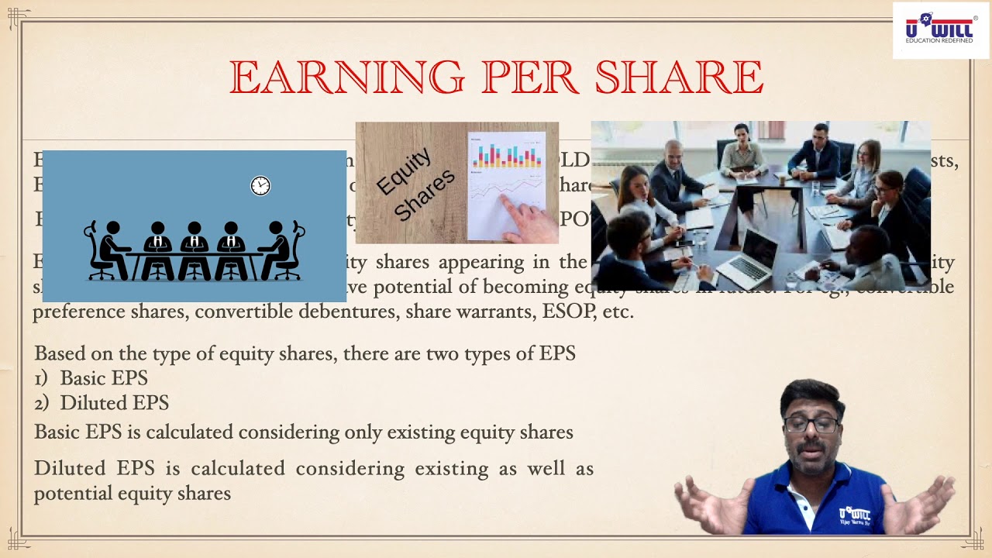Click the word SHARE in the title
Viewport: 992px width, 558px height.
pos(680,78)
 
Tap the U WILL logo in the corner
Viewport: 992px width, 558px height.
pos(940,30)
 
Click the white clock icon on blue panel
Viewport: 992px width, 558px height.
pos(260,186)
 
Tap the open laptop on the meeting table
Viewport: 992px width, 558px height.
pos(749,257)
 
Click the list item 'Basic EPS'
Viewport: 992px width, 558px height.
pos(103,378)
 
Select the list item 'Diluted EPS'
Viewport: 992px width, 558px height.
pos(114,403)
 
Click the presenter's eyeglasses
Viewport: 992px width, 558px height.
pos(811,425)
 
